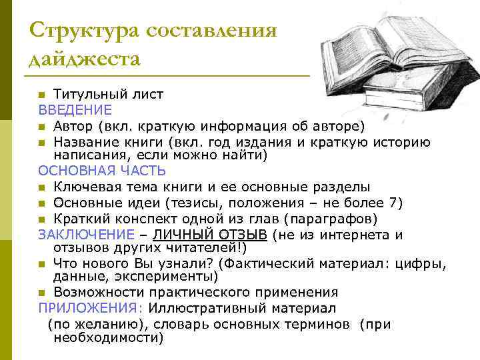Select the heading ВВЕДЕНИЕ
click(x=75, y=109)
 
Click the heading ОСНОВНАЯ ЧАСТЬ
click(x=101, y=171)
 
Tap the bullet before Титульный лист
click(x=42, y=95)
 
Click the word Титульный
click(x=86, y=94)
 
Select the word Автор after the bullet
click(x=73, y=125)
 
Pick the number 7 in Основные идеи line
click(x=397, y=203)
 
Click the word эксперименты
click(x=169, y=275)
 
